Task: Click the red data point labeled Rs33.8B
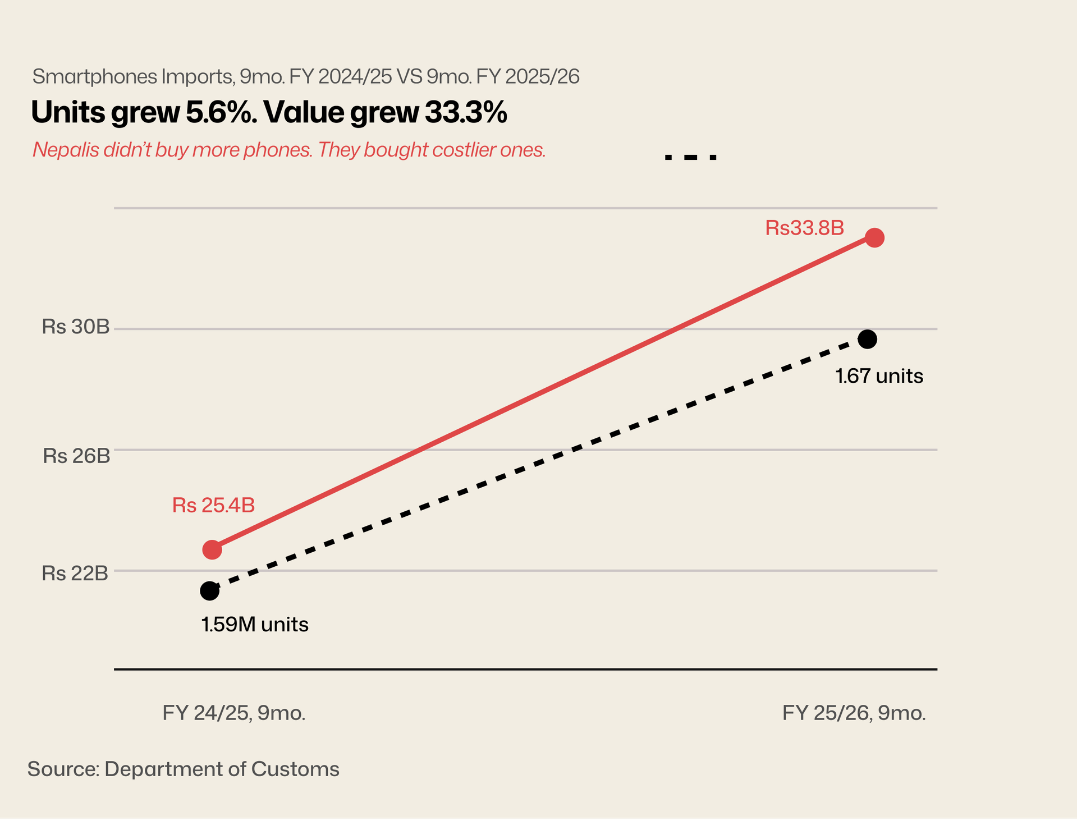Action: point(874,238)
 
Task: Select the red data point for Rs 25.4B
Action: point(212,549)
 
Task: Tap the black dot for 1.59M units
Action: point(209,591)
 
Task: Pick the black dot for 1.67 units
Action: point(868,339)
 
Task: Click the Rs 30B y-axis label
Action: point(76,327)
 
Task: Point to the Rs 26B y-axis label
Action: point(76,456)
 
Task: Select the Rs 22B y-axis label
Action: point(75,573)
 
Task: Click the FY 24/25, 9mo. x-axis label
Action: point(234,713)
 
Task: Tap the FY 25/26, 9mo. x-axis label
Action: point(854,713)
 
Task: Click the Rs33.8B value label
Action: point(804,228)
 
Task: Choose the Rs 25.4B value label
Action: point(213,505)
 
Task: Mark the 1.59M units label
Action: point(255,624)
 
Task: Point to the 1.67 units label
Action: point(879,375)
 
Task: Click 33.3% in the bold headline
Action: point(466,112)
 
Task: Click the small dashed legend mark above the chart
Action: point(690,158)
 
